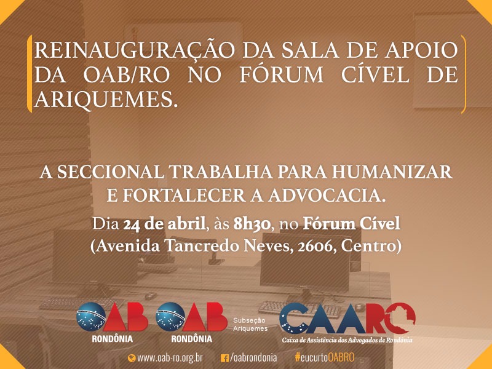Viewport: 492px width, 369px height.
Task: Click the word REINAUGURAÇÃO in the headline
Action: click(x=134, y=50)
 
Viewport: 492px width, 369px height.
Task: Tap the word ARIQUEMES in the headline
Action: click(x=104, y=99)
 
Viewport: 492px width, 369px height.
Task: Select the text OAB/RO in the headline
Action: click(x=127, y=74)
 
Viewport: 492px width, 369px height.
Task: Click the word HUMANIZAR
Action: click(x=392, y=172)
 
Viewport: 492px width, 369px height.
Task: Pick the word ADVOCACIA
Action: click(x=327, y=196)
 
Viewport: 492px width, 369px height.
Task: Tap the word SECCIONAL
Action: click(x=110, y=172)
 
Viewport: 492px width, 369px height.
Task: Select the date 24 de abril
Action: click(x=164, y=224)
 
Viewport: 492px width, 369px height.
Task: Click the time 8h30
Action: click(x=252, y=224)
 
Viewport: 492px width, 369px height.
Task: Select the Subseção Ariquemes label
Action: click(x=250, y=325)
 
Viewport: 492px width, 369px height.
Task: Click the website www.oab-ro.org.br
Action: click(x=170, y=358)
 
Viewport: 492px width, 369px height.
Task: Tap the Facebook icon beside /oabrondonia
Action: click(x=224, y=358)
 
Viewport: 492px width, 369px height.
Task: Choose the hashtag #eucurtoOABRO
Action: click(x=325, y=357)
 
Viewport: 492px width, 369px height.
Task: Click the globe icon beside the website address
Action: click(x=132, y=358)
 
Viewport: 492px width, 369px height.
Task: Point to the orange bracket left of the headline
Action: click(x=30, y=74)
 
